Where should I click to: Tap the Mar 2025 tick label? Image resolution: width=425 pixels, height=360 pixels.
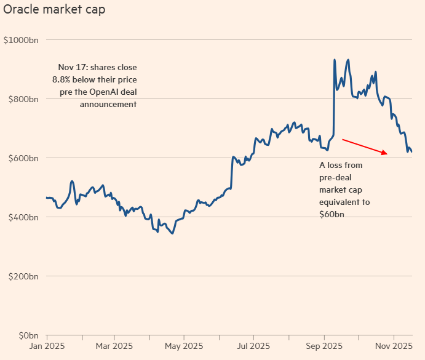(x=114, y=346)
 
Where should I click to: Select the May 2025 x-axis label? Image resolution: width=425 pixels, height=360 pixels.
(x=184, y=346)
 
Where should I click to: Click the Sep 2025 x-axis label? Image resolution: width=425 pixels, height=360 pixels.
(x=324, y=346)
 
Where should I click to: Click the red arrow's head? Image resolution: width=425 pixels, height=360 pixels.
(x=386, y=153)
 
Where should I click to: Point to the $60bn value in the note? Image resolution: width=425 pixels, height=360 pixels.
(x=332, y=214)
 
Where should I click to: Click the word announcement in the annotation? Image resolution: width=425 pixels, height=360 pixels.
(x=108, y=104)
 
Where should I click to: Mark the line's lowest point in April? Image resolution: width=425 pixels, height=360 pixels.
(x=173, y=233)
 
